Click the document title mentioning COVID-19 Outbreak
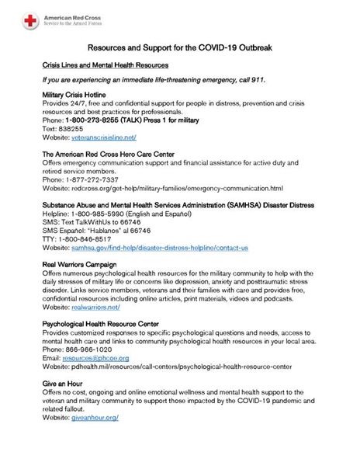coord(179,47)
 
